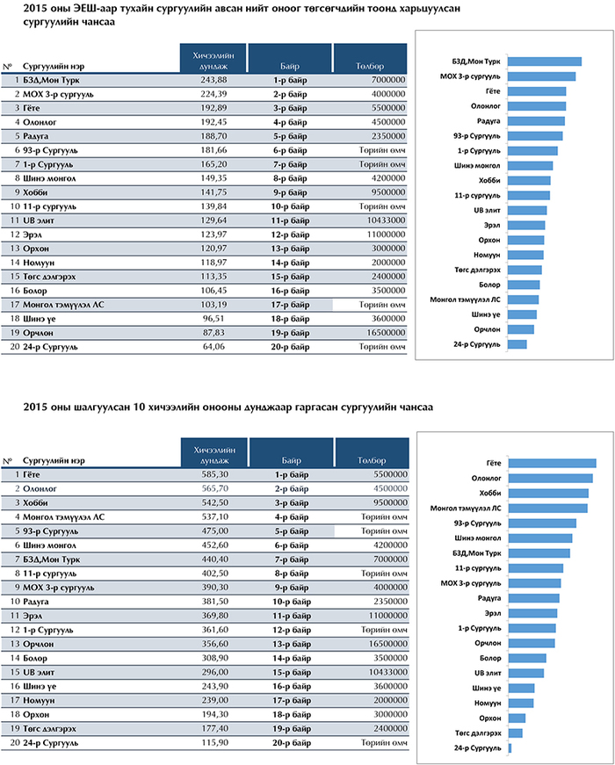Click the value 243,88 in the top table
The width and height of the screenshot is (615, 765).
pyautogui.click(x=213, y=80)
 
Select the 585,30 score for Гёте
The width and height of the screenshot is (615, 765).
pyautogui.click(x=214, y=474)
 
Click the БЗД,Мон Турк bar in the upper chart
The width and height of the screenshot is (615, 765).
pyautogui.click(x=544, y=61)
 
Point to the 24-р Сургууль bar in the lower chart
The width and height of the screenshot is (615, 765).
pyautogui.click(x=510, y=748)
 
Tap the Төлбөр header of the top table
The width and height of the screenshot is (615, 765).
pyautogui.click(x=370, y=66)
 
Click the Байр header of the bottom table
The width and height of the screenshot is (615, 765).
pyautogui.click(x=291, y=460)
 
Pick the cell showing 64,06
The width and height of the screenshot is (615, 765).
pyautogui.click(x=213, y=347)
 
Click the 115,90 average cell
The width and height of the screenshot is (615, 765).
pyautogui.click(x=214, y=742)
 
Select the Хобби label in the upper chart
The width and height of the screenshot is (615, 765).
pyautogui.click(x=489, y=181)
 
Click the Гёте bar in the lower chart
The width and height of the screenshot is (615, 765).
pyautogui.click(x=552, y=463)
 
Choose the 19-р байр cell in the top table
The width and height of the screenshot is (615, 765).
pyautogui.click(x=290, y=333)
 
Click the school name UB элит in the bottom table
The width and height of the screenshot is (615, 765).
pyautogui.click(x=39, y=672)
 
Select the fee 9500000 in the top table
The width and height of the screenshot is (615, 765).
pyautogui.click(x=388, y=192)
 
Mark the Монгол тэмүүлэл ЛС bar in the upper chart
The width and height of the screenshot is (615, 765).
pyautogui.click(x=524, y=300)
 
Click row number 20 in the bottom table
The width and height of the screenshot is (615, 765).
pyautogui.click(x=15, y=742)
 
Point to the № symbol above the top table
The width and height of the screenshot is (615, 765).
pyautogui.click(x=7, y=67)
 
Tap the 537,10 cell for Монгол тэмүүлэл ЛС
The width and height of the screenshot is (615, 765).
pyautogui.click(x=214, y=516)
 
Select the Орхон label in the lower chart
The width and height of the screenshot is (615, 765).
pyautogui.click(x=490, y=718)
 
